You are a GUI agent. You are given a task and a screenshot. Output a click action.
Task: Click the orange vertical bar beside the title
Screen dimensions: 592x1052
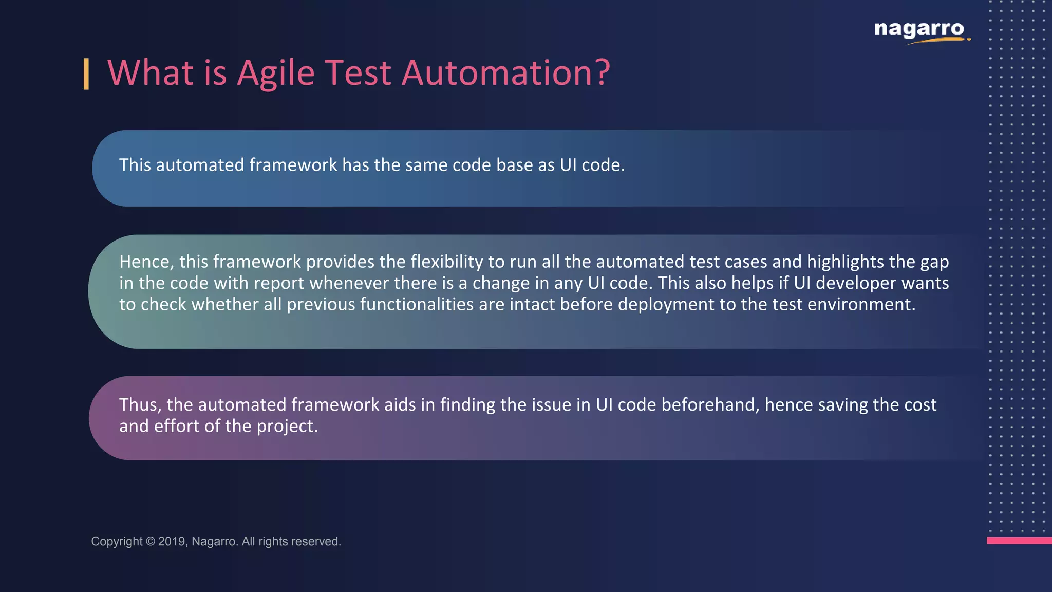pos(86,74)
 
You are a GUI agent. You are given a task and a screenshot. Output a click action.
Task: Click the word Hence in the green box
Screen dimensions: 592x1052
pos(146,262)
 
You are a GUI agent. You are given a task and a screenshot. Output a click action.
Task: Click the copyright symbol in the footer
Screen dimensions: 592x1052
pos(150,541)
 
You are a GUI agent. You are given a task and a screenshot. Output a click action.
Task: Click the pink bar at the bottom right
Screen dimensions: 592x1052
pos(1019,540)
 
